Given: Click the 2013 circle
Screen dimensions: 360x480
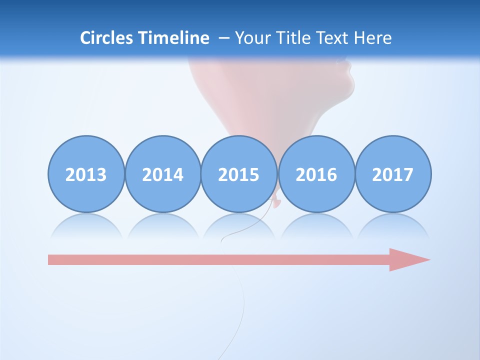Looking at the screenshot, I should tap(86, 174).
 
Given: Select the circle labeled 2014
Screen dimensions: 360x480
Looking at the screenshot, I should tap(162, 174).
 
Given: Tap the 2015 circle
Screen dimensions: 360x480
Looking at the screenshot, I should tap(239, 174).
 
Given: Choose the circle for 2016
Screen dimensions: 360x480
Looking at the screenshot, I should tap(316, 174).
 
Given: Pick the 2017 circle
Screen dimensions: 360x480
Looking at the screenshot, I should tap(393, 174).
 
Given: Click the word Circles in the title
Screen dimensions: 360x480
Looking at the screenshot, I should tap(107, 38).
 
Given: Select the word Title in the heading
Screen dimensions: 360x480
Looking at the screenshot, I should tap(291, 38).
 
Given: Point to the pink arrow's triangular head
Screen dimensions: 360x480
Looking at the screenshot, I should tap(407, 259).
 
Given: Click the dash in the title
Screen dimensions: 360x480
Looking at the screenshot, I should tap(223, 38).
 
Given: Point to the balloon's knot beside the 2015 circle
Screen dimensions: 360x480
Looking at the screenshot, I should tap(275, 202).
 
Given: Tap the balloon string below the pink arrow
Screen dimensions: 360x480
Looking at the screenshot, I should tap(242, 305).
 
